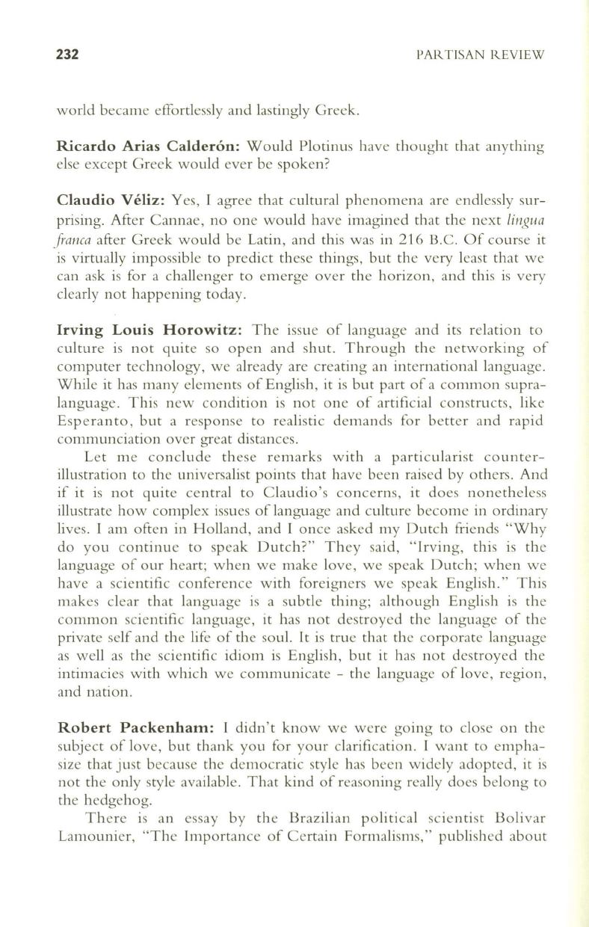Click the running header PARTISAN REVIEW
click(x=481, y=55)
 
